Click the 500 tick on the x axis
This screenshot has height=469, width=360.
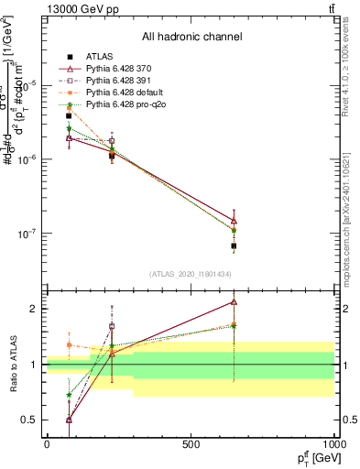191,445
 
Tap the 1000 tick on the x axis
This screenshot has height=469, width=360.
333,445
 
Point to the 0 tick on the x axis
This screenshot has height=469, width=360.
47,445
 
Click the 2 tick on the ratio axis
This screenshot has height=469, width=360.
34,309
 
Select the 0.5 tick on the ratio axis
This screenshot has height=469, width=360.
31,420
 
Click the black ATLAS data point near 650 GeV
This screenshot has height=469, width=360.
234,246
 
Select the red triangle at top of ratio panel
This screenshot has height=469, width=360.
234,300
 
